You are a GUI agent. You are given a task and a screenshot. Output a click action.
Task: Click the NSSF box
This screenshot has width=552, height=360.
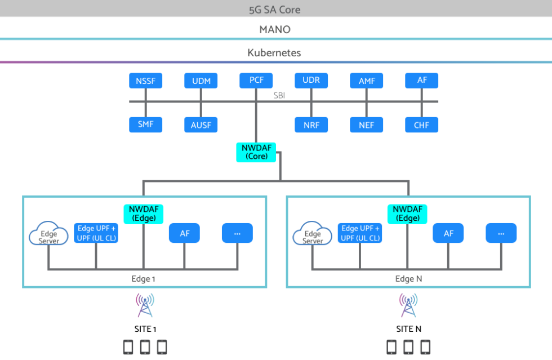pyautogui.click(x=146, y=81)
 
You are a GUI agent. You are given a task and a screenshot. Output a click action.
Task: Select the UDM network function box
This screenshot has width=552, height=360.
pyautogui.click(x=201, y=81)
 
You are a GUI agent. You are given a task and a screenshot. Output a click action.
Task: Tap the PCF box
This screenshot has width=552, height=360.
pyautogui.click(x=256, y=80)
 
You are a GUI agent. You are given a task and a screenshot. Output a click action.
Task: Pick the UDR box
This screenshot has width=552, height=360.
pyautogui.click(x=311, y=80)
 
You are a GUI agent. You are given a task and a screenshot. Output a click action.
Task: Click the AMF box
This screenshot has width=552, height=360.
pyautogui.click(x=367, y=81)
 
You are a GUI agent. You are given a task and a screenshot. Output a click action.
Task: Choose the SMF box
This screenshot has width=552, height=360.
pyautogui.click(x=146, y=125)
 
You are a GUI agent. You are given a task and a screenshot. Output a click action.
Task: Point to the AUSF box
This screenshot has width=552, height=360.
pyautogui.click(x=201, y=125)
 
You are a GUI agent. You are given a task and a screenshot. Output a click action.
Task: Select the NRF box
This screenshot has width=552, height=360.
pyautogui.click(x=311, y=125)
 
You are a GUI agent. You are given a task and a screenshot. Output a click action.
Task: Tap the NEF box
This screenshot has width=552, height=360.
pyautogui.click(x=367, y=125)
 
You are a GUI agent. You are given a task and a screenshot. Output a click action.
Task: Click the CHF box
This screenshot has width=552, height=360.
pyautogui.click(x=421, y=125)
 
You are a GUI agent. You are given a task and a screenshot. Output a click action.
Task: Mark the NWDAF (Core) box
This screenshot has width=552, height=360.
pyautogui.click(x=256, y=152)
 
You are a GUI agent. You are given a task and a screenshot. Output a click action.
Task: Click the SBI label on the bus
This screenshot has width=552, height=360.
pyautogui.click(x=279, y=96)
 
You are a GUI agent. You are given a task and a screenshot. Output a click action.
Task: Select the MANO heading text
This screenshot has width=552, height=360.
pyautogui.click(x=275, y=29)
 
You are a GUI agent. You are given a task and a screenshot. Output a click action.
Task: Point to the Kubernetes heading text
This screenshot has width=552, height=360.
pyautogui.click(x=275, y=52)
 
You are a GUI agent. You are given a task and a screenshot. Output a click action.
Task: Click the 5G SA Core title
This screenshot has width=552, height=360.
pyautogui.click(x=275, y=10)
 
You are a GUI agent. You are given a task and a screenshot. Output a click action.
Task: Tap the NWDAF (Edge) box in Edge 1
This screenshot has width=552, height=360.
pyautogui.click(x=144, y=214)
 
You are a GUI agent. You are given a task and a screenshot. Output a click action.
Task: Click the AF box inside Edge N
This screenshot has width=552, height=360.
pyautogui.click(x=448, y=233)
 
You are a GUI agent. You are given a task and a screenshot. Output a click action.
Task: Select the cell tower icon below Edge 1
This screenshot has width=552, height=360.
pyautogui.click(x=145, y=305)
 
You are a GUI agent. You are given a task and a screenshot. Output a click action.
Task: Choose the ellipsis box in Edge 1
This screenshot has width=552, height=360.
pyautogui.click(x=237, y=233)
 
